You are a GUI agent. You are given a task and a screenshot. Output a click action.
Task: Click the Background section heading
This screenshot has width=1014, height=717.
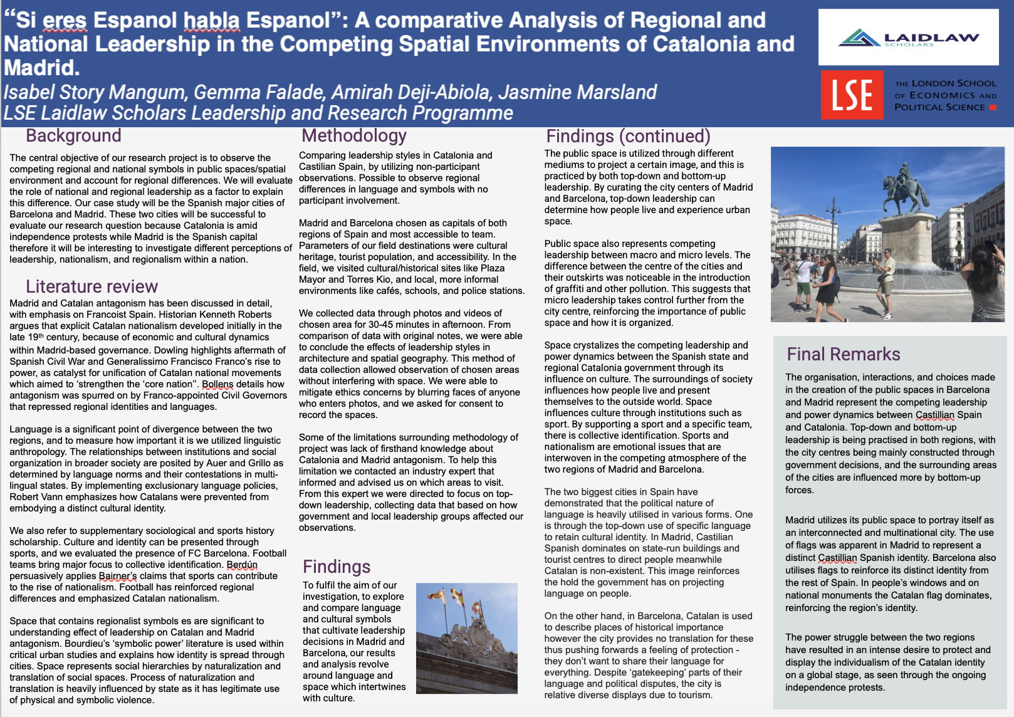tap(73, 135)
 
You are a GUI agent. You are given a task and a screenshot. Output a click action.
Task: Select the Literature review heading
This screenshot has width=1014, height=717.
tap(91, 286)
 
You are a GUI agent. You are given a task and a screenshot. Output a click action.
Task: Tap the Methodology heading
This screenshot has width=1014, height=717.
tap(354, 135)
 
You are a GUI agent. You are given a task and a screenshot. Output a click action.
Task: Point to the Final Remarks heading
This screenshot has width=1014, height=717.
tap(843, 354)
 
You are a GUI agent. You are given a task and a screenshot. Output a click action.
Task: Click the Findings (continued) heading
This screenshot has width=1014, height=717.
tap(628, 136)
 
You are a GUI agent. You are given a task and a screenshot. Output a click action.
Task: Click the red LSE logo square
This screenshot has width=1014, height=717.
tap(852, 95)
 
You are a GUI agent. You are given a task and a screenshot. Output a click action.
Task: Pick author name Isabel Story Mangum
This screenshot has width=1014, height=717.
tap(95, 92)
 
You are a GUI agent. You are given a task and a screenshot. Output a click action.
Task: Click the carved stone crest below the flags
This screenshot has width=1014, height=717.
tap(467, 639)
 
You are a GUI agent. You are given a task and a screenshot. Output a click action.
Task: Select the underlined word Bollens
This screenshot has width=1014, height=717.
tap(217, 384)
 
